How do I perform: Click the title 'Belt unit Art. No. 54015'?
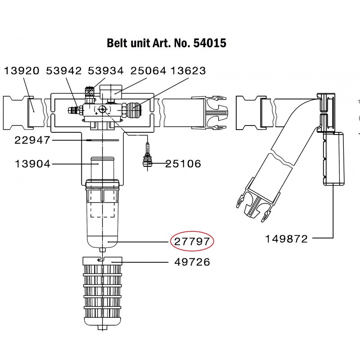pos(166,43)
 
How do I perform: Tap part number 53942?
pos(63,71)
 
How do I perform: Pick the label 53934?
pos(105,71)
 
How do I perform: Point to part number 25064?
pos(148,71)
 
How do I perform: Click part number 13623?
pos(188,71)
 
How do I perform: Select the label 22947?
pos(32,140)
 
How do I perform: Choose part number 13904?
pos(32,164)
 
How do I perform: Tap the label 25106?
pos(183,164)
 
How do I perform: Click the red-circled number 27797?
pos(192,242)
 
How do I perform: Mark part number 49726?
pos(192,262)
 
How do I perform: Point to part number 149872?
pos(286,239)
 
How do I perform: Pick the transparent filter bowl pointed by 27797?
pos(103,216)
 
